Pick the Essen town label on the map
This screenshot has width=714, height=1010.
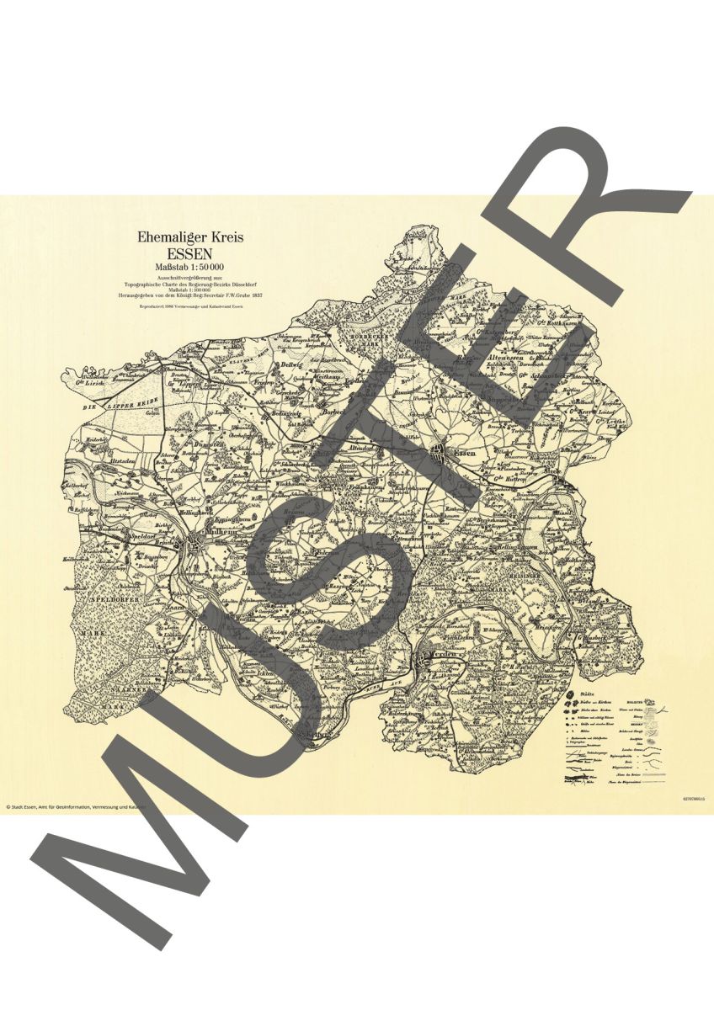[465, 454]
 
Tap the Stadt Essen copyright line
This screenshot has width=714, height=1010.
[76, 806]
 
